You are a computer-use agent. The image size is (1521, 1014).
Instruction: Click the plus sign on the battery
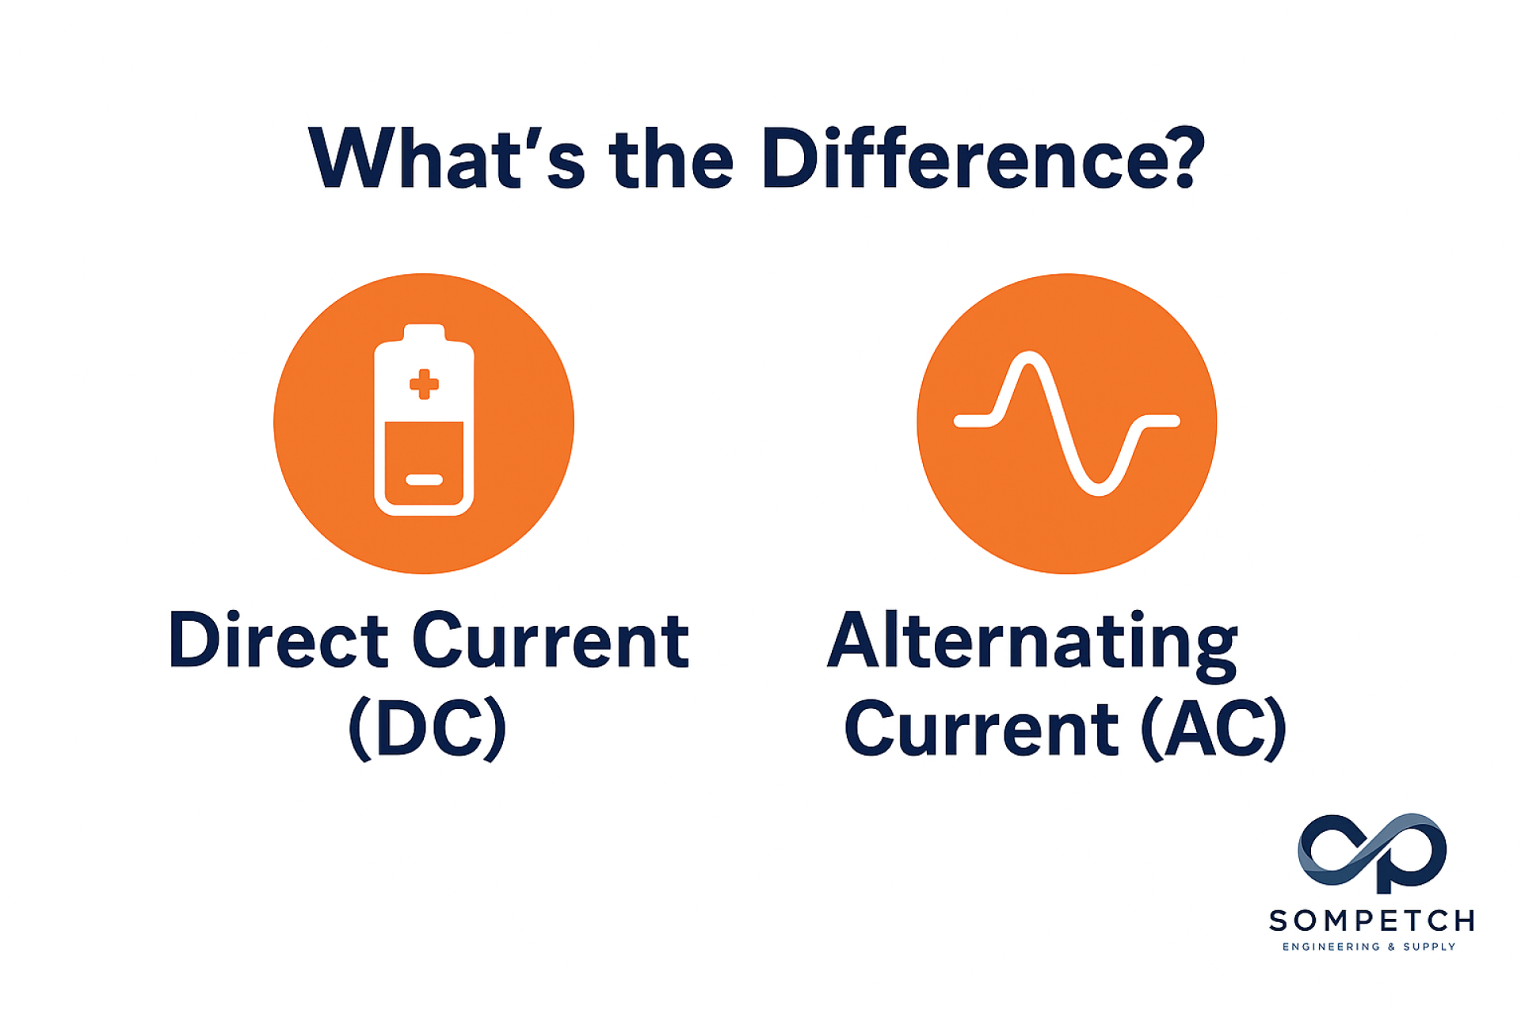424,384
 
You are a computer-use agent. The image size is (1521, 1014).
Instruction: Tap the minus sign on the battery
424,479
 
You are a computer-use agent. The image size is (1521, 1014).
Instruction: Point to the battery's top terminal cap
424,333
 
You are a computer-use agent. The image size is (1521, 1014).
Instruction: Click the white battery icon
424,420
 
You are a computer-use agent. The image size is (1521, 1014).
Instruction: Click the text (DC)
428,727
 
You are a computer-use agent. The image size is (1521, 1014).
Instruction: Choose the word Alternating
1032,645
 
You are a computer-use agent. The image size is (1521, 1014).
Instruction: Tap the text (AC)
1214,728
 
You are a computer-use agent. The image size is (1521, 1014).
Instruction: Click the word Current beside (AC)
982,728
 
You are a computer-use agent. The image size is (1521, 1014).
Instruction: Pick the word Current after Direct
551,639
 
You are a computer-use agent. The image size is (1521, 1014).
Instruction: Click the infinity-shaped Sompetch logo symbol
1372,850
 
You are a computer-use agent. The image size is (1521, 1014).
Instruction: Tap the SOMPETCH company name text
1371,921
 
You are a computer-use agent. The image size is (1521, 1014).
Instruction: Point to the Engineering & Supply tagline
1369,947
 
